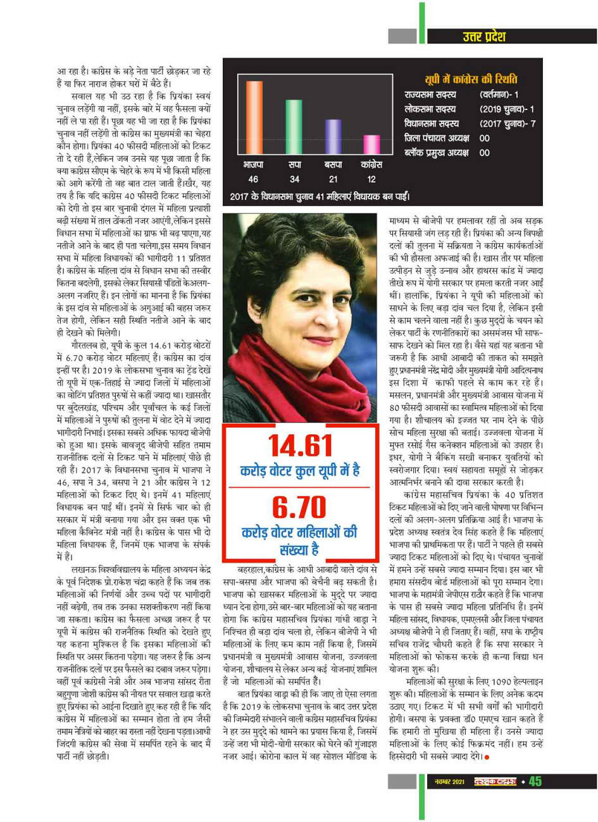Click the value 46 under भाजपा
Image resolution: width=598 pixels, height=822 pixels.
pos(253,179)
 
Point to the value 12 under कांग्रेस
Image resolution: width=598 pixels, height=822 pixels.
pos(371,179)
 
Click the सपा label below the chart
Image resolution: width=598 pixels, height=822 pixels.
pos(294,164)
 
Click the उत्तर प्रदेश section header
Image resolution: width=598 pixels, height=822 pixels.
pos(483,37)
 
